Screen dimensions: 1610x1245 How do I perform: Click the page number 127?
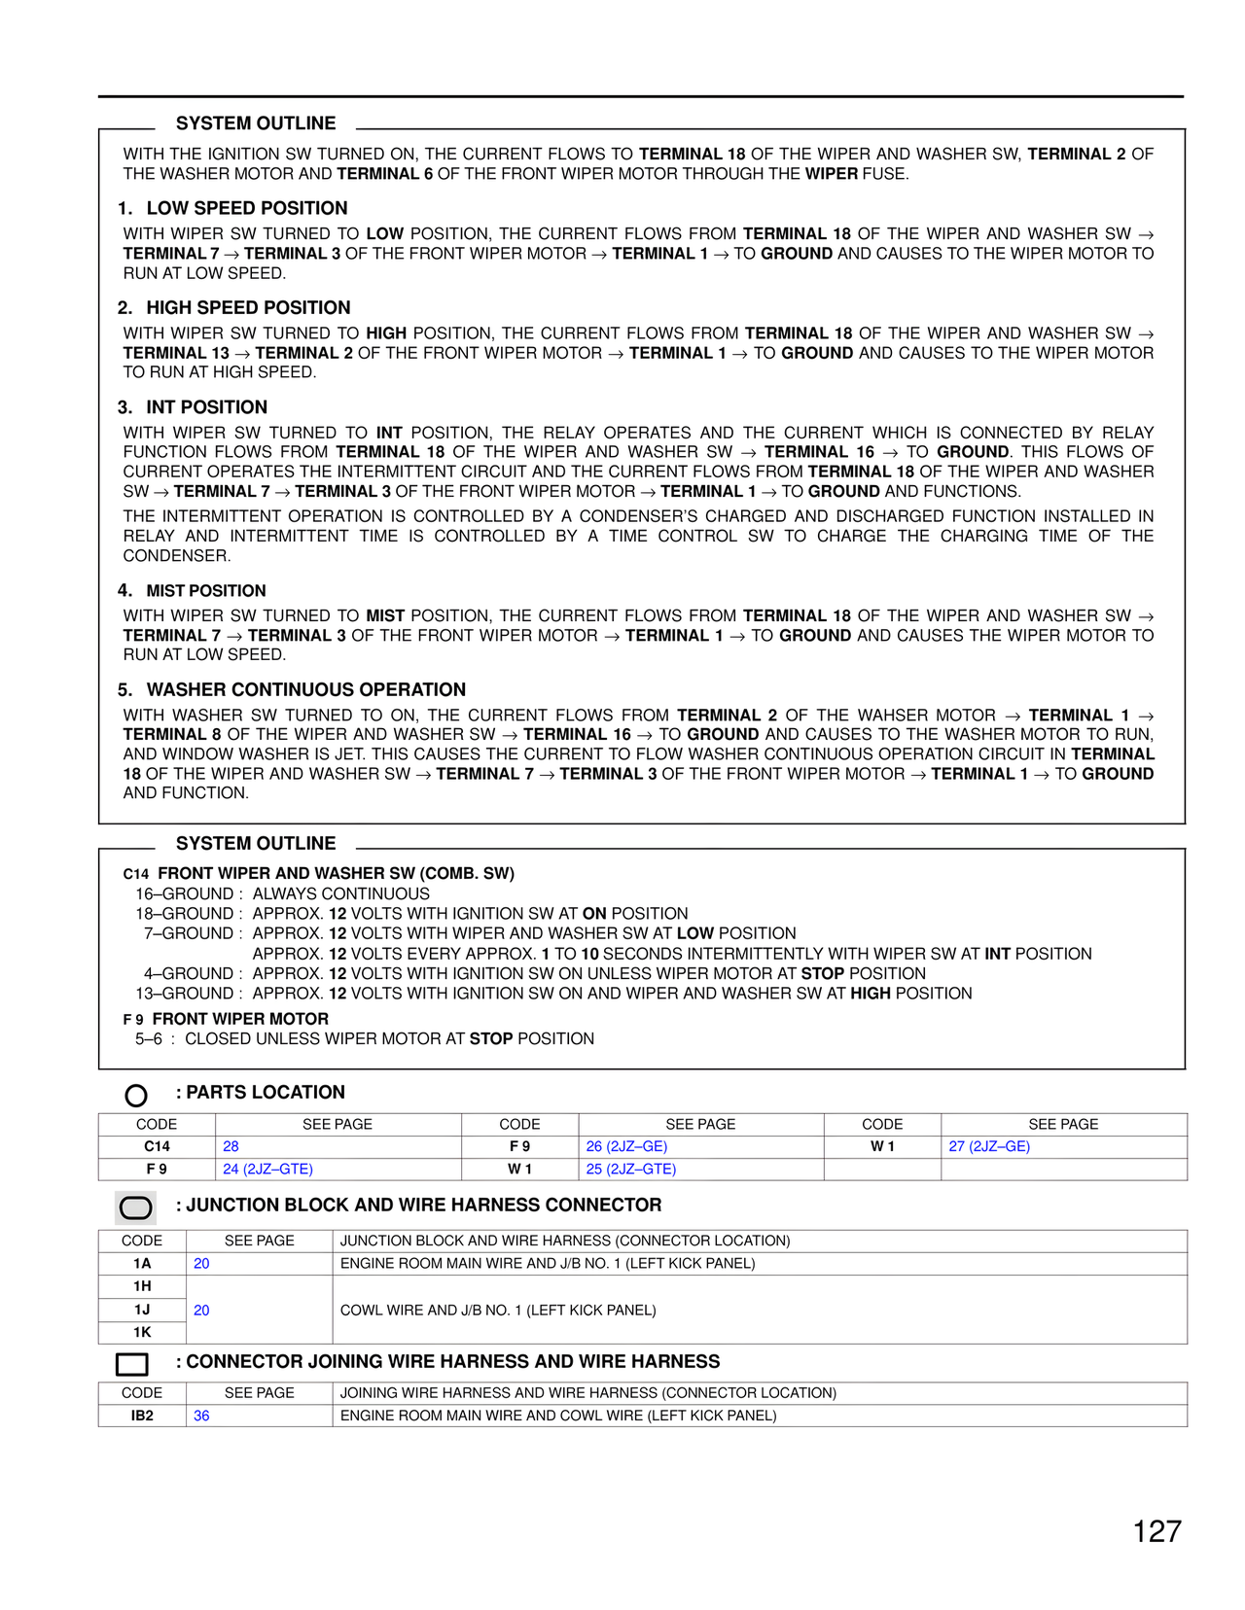click(1156, 1531)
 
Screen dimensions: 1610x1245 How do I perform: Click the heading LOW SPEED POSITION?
click(246, 208)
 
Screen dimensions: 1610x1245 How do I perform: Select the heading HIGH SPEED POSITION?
click(248, 307)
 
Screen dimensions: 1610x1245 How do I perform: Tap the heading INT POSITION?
click(206, 407)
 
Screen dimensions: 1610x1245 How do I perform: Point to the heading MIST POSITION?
click(205, 591)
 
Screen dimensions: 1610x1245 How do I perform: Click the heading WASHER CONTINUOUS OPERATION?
click(305, 689)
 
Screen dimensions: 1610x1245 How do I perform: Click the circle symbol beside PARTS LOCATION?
click(136, 1096)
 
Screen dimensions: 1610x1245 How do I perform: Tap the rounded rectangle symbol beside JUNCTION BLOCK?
click(135, 1208)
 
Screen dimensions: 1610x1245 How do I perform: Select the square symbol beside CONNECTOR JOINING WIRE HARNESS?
click(132, 1364)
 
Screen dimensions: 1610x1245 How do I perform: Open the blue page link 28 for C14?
click(231, 1146)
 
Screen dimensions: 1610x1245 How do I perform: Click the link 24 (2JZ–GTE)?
click(267, 1169)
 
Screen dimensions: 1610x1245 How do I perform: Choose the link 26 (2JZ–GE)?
click(626, 1146)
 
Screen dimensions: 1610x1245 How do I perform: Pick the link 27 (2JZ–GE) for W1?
click(989, 1146)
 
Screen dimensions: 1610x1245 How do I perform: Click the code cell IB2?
click(142, 1416)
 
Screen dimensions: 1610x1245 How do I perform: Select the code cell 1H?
click(142, 1286)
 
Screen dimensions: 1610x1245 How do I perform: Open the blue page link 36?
click(201, 1416)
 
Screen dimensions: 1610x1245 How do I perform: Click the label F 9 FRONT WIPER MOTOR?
click(227, 1019)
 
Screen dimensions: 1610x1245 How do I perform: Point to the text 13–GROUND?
click(185, 994)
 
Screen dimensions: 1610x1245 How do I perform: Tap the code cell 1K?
click(142, 1332)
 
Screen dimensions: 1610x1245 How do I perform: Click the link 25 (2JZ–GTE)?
click(630, 1169)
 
